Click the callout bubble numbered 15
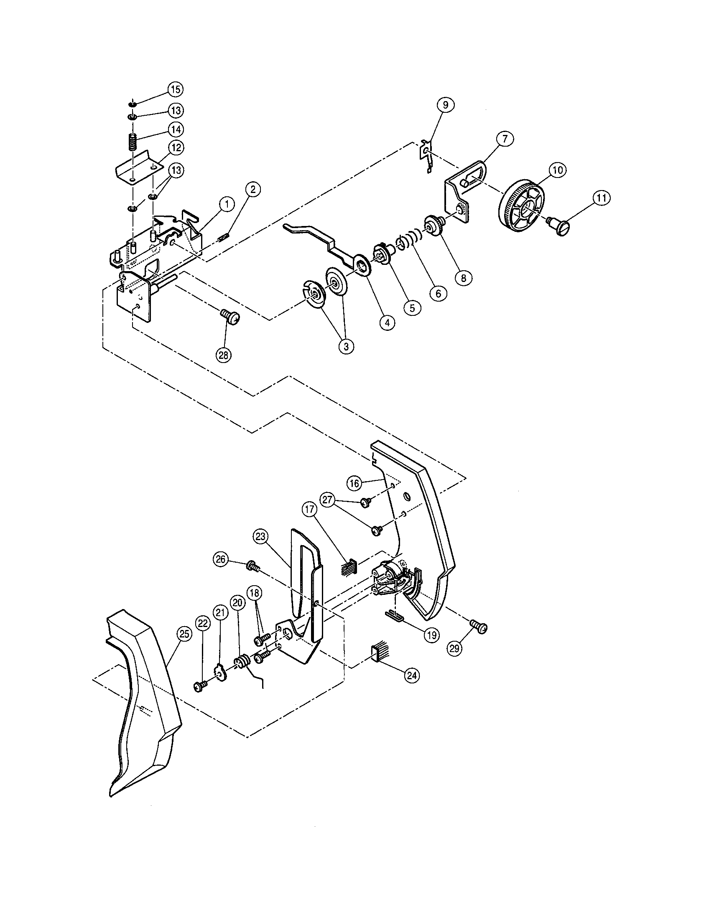[176, 89]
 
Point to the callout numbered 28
[224, 355]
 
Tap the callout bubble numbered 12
[176, 148]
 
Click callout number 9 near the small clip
[446, 104]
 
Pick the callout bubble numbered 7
[505, 138]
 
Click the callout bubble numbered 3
[346, 346]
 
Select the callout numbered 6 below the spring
[438, 293]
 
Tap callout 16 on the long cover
[354, 483]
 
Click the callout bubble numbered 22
[202, 624]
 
